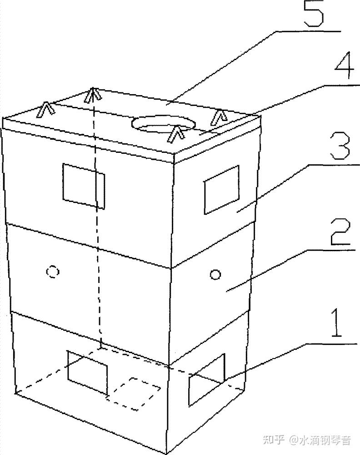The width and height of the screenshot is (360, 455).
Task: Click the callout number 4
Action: tap(344, 66)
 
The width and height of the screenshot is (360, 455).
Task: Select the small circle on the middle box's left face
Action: tap(53, 272)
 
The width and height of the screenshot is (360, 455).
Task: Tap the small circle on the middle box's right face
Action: tap(215, 274)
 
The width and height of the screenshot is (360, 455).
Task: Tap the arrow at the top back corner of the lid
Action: tap(92, 94)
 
